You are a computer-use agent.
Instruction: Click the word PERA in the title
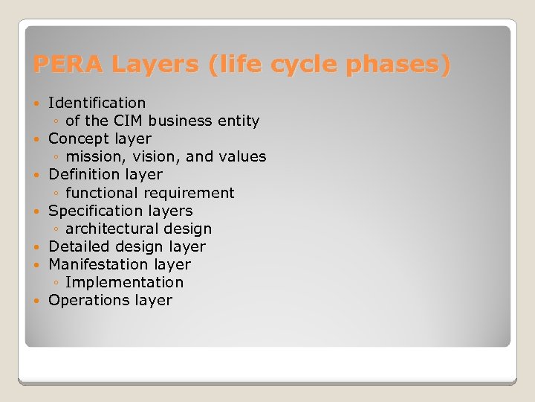point(68,65)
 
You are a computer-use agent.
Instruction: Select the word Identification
point(97,103)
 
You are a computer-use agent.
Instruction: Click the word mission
point(93,156)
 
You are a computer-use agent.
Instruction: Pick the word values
point(244,156)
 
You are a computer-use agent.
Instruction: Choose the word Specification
point(92,211)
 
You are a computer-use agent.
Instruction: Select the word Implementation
point(124,282)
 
